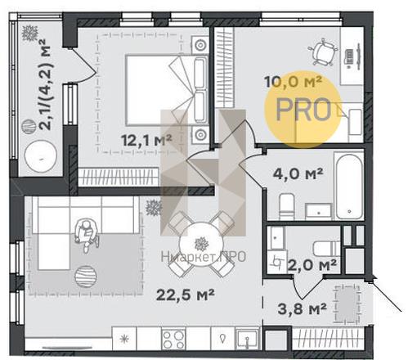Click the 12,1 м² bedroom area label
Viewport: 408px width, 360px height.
pos(146,141)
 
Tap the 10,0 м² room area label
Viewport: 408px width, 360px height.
pos(294,81)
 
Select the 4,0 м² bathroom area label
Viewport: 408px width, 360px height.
pos(298,173)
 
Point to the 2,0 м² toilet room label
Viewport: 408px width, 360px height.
pos(312,265)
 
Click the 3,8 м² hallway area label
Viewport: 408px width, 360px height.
pos(302,308)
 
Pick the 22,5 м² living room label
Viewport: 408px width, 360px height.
pos(186,295)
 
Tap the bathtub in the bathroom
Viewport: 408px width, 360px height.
pos(349,186)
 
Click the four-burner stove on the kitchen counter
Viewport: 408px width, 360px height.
pos(173,339)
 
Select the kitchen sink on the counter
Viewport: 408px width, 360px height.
pos(247,339)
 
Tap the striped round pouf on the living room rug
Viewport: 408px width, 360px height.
pos(86,277)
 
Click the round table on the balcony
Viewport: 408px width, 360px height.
pos(41,155)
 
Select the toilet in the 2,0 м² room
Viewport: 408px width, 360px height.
pos(326,249)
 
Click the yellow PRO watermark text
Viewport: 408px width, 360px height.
pos(303,110)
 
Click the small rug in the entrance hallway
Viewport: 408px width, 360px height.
pos(347,304)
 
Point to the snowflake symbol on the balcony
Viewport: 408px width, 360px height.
pos(29,34)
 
